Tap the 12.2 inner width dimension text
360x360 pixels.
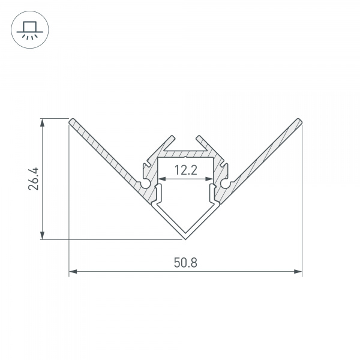pyautogui.click(x=186, y=170)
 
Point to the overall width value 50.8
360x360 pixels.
pyautogui.click(x=186, y=262)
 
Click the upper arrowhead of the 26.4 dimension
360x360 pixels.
pyautogui.click(x=42, y=122)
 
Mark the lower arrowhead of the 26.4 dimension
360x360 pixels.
pyautogui.click(x=42, y=236)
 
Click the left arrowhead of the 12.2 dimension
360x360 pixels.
pyautogui.click(x=161, y=179)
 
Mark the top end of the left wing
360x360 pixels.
pyautogui.click(x=73, y=121)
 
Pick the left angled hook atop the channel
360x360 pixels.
pyautogui.click(x=163, y=144)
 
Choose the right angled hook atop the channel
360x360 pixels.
pyautogui.click(x=208, y=144)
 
